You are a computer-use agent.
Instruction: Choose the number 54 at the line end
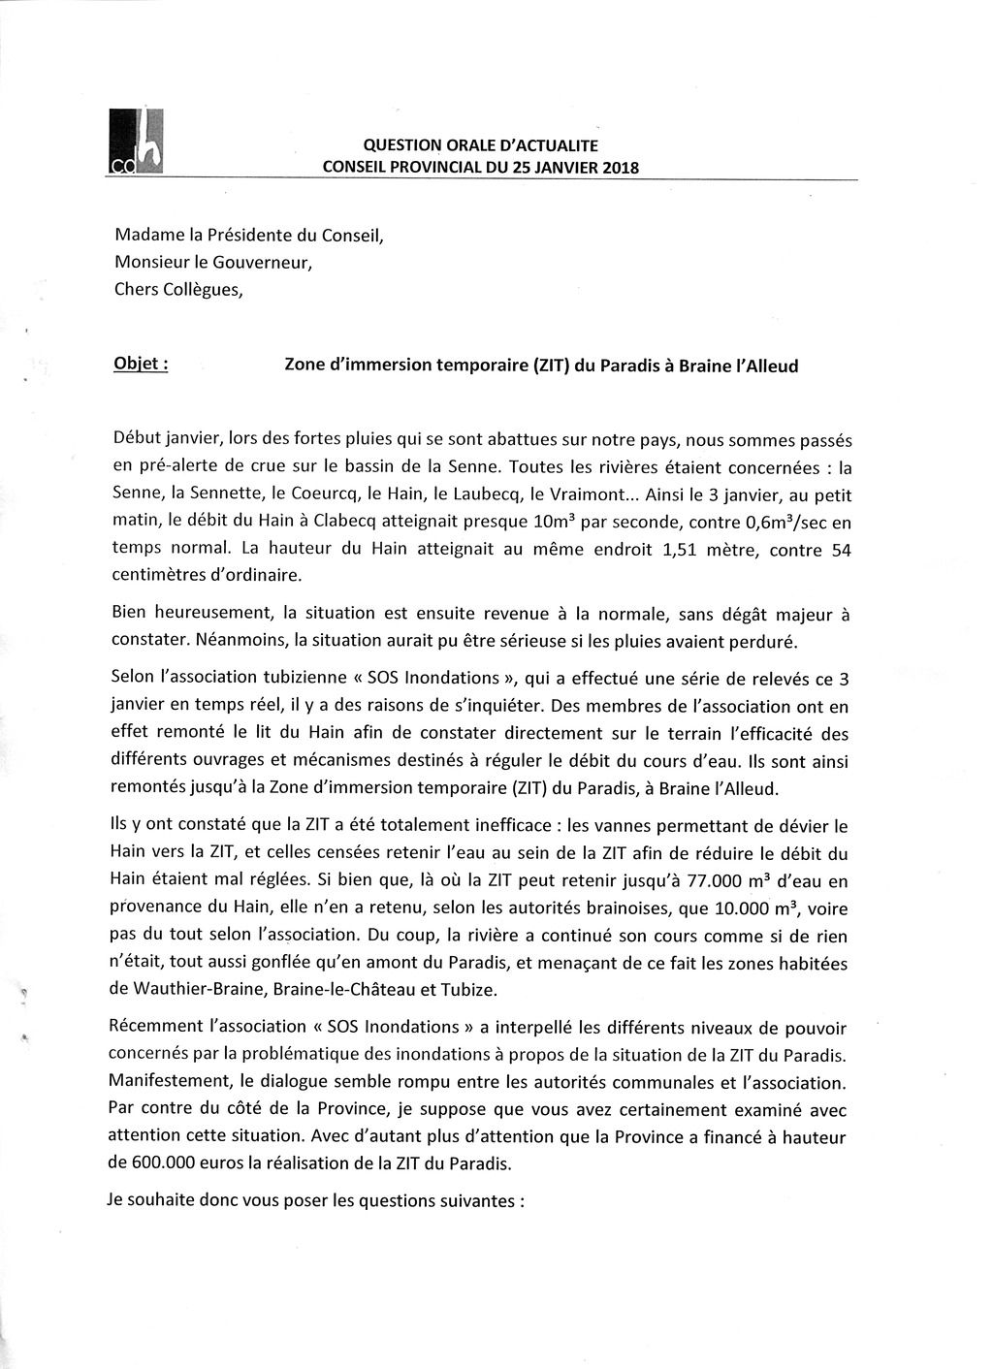pyautogui.click(x=841, y=550)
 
